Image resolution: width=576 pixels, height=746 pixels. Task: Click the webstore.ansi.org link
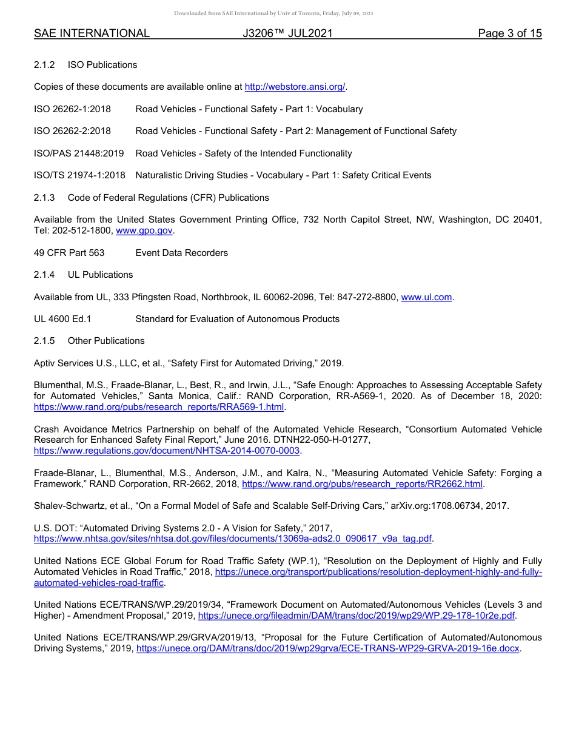pyautogui.click(x=295, y=87)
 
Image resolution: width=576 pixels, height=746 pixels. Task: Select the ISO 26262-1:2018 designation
pyautogui.click(x=72, y=109)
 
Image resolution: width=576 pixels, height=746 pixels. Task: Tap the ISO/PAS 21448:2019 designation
pyautogui.click(x=78, y=153)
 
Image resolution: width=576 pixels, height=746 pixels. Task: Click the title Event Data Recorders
pyautogui.click(x=181, y=253)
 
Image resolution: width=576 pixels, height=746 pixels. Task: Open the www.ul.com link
pyautogui.click(x=426, y=297)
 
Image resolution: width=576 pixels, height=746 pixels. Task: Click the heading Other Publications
pyautogui.click(x=106, y=341)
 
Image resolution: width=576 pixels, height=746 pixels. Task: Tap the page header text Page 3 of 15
pyautogui.click(x=509, y=33)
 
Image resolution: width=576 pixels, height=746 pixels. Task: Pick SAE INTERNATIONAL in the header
pyautogui.click(x=92, y=33)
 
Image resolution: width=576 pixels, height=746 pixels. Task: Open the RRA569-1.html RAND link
pyautogui.click(x=159, y=407)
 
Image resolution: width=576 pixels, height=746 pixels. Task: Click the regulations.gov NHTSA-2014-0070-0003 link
pyautogui.click(x=167, y=451)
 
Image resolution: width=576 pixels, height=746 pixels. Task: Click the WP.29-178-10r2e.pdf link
pyautogui.click(x=357, y=616)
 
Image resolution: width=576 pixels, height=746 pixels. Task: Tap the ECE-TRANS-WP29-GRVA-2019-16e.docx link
pyautogui.click(x=329, y=649)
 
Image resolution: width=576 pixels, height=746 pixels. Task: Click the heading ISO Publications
pyautogui.click(x=102, y=65)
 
